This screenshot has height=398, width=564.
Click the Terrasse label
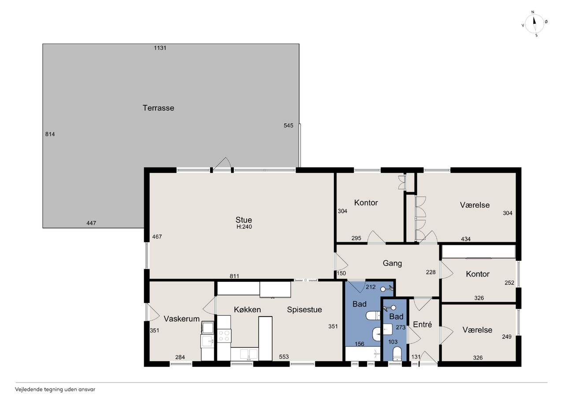coord(158,108)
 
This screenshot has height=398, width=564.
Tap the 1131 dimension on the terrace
coord(160,48)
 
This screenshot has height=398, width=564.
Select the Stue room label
coord(244,219)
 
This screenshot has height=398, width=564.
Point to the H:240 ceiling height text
coord(244,226)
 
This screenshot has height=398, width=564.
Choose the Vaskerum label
coord(182,318)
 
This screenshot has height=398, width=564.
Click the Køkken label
coord(247,310)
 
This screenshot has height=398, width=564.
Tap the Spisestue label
coord(304,310)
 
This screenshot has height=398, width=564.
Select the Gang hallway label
coord(392,263)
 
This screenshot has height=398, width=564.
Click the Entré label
coord(423,325)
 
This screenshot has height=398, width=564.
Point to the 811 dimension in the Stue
coord(234,276)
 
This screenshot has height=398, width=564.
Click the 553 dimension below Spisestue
coord(284,357)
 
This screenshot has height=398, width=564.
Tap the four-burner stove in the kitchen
coord(224,336)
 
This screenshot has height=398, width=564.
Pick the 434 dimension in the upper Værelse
coord(466,239)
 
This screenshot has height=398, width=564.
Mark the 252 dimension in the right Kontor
coord(509,283)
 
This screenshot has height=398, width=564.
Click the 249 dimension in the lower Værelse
coord(507,337)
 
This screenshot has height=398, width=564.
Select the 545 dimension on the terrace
coord(288,125)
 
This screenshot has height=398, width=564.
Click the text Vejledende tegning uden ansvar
coord(55,390)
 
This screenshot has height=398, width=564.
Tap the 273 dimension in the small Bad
coord(401,327)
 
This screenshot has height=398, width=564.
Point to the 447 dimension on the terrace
coord(91,223)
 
